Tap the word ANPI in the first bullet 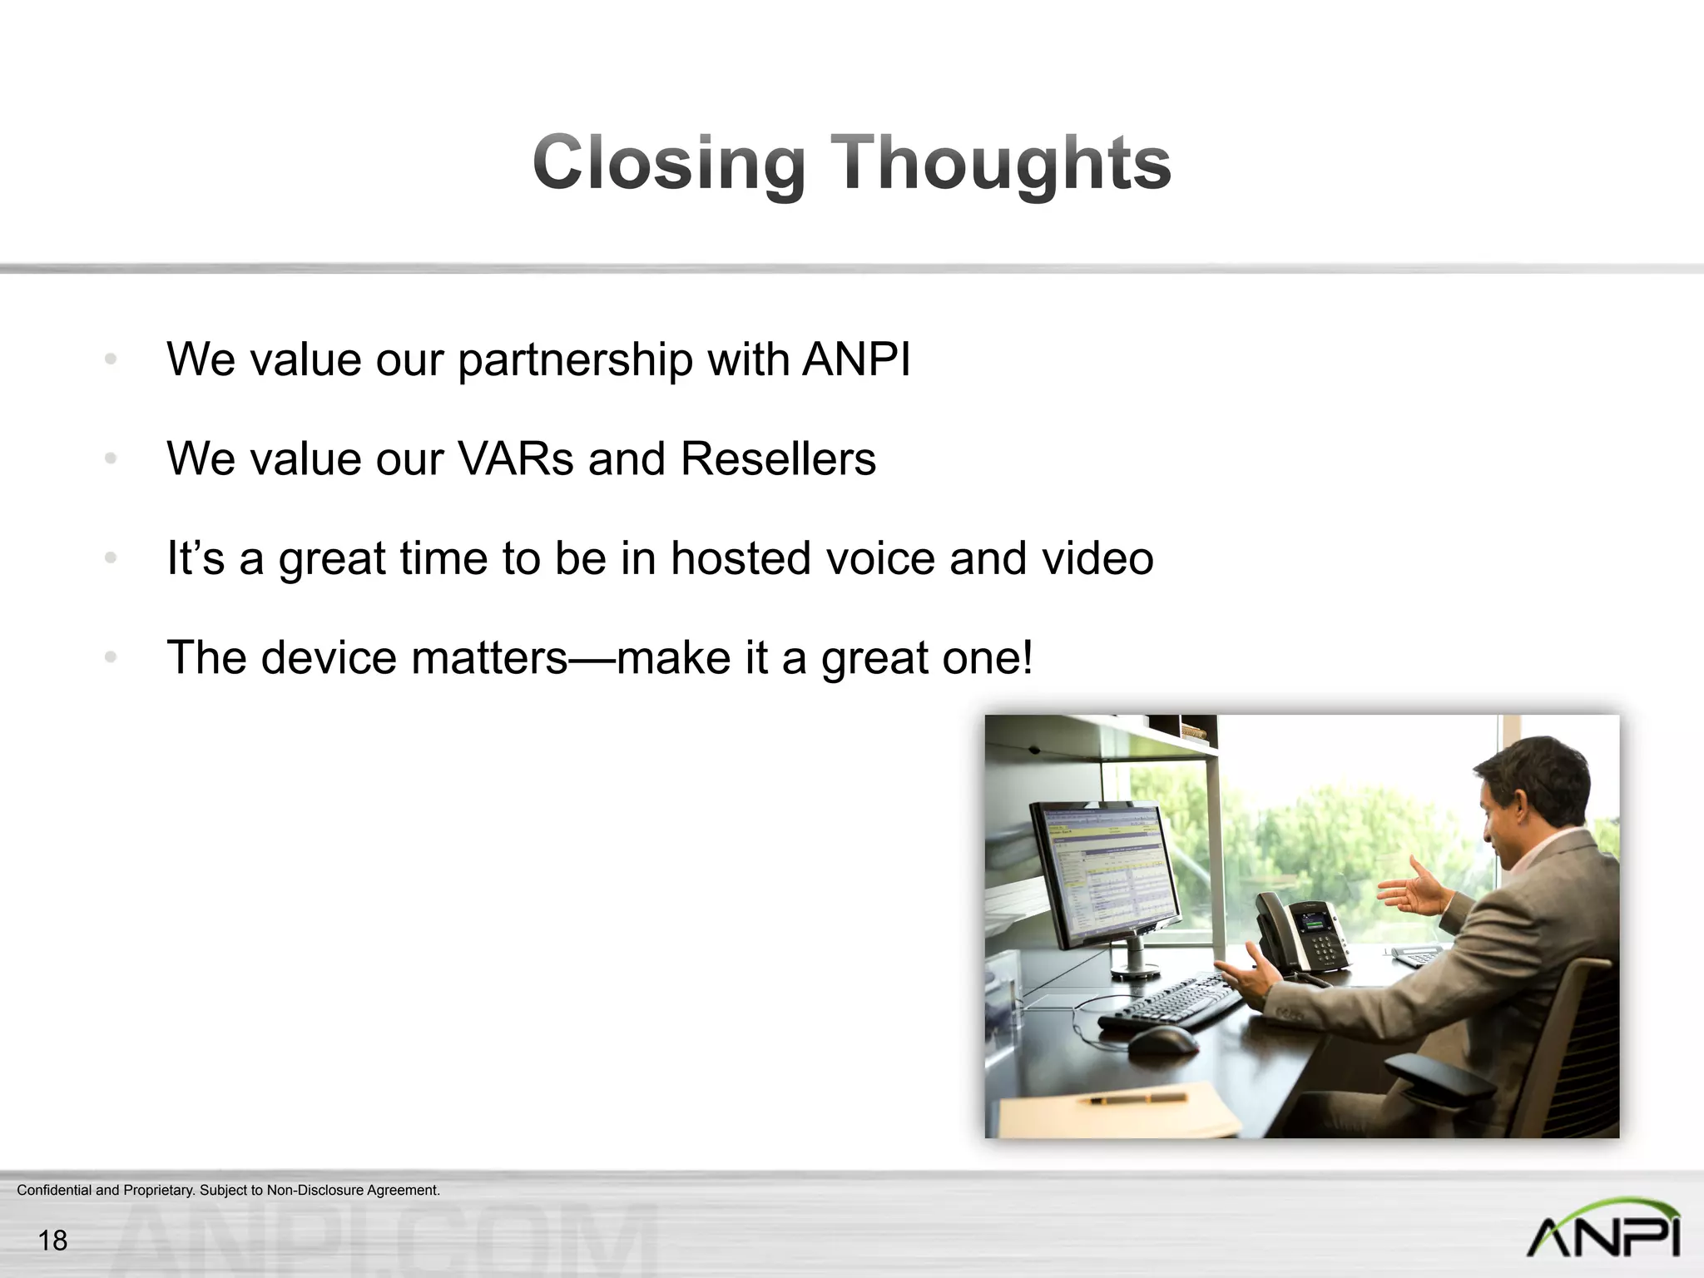(856, 359)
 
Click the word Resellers (778, 458)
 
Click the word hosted (741, 557)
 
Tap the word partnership (575, 361)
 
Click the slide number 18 (52, 1241)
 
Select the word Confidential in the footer (54, 1190)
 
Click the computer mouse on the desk (1162, 1039)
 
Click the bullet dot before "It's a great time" (111, 558)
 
